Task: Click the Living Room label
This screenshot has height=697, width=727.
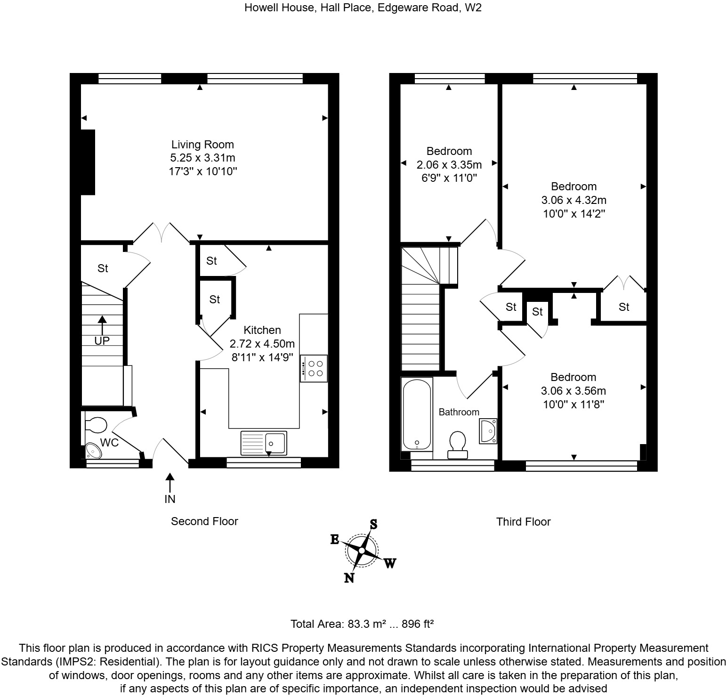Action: tap(202, 145)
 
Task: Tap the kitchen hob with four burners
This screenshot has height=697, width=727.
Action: tap(314, 368)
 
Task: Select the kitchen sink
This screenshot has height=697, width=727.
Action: tap(264, 443)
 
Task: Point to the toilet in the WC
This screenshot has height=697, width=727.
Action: tap(96, 425)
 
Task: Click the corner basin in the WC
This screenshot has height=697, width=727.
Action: tap(93, 451)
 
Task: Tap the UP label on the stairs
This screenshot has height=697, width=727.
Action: tap(102, 340)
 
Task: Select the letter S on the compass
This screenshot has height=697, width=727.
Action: tap(373, 524)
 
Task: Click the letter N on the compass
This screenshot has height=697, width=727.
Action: tap(349, 578)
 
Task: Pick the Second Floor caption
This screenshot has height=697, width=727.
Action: tap(204, 521)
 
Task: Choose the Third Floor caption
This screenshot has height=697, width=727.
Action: tap(523, 522)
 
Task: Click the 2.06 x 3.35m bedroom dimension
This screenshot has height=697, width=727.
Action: tap(449, 165)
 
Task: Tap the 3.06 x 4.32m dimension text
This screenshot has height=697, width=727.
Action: tap(574, 200)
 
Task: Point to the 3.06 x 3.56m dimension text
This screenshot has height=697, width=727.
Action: tap(573, 391)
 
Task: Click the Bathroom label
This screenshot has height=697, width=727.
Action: tap(459, 412)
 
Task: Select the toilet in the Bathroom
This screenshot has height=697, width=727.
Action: tap(457, 445)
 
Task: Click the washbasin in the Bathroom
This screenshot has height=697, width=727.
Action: tap(488, 430)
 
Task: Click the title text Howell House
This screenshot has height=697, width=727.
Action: tap(280, 8)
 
